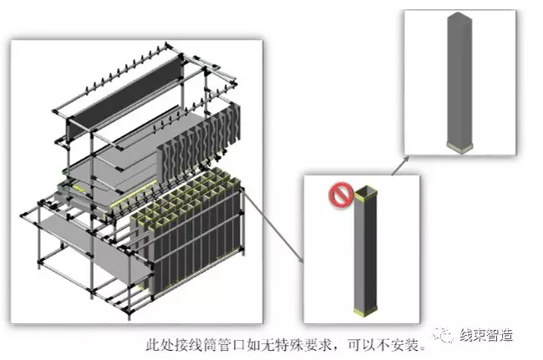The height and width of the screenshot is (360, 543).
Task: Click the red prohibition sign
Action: [339, 197]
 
